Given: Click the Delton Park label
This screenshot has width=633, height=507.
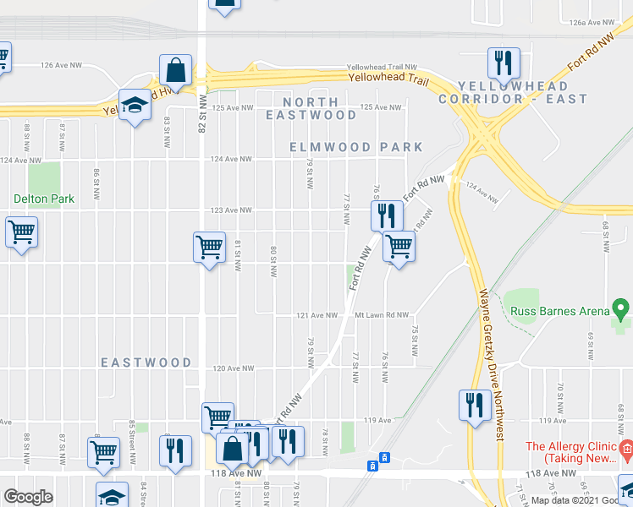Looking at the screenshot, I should pos(44,199).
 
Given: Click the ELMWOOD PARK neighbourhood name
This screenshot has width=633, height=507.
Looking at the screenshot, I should pos(355,147).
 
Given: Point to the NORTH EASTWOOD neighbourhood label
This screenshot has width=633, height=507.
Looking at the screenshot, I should pos(311,107).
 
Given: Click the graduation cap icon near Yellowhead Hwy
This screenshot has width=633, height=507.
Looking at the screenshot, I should pos(134,105).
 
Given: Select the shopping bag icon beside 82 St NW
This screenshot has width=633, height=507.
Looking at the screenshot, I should pos(175,69).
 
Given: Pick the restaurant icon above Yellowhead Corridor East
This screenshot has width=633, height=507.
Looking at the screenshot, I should pos(503,62).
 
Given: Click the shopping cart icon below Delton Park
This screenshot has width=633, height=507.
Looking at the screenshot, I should pos(22,232).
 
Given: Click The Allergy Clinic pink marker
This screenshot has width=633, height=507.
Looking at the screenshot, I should pos(626,446).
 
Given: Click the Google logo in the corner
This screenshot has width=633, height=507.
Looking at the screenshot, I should pos(28,497).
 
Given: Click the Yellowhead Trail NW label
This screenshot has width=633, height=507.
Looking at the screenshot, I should pos(383,67).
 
